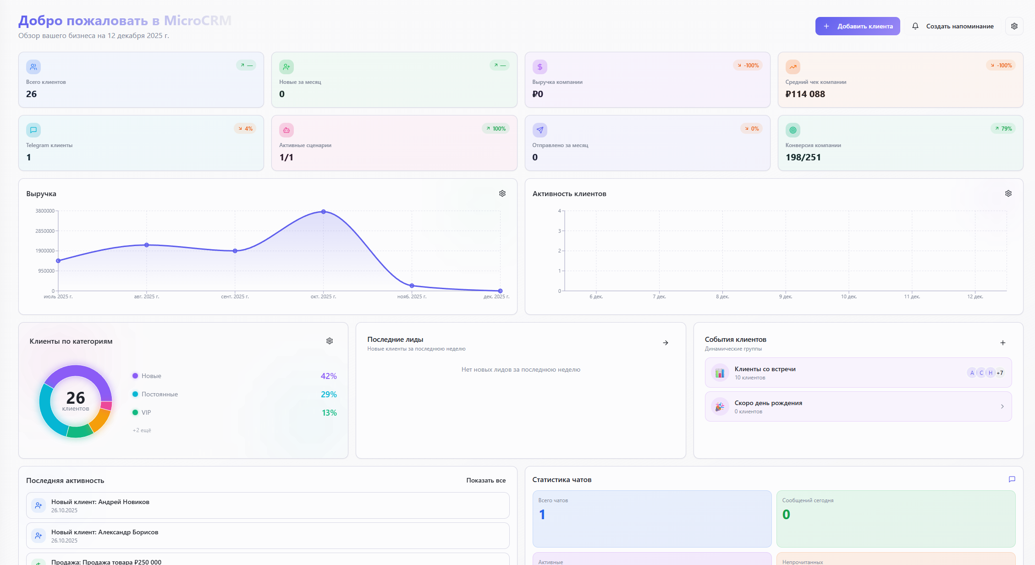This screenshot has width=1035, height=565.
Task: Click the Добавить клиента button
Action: [857, 26]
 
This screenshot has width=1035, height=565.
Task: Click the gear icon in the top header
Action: [1014, 26]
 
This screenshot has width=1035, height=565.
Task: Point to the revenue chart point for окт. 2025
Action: [324, 212]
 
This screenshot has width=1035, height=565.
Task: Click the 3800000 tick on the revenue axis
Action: [45, 211]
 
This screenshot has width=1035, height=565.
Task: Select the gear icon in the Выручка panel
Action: [502, 193]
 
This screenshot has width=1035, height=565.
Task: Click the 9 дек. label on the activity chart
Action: [785, 297]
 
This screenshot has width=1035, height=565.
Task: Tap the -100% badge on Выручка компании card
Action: [748, 66]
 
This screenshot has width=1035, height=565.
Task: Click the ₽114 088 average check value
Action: [805, 94]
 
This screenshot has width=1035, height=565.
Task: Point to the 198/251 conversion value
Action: [803, 157]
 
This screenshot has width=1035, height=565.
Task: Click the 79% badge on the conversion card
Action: [1003, 129]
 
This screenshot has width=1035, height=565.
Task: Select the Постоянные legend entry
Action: [159, 394]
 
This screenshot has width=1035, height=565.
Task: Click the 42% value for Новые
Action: [328, 376]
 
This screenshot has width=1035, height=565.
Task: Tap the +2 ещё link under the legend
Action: [142, 430]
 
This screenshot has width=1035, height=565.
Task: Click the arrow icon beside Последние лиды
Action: [666, 343]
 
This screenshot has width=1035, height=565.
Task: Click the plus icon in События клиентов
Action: [1003, 343]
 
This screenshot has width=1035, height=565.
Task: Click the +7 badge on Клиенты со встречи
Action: [1000, 373]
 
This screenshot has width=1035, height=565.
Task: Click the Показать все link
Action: [486, 480]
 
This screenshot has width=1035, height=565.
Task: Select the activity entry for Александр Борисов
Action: [268, 536]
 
